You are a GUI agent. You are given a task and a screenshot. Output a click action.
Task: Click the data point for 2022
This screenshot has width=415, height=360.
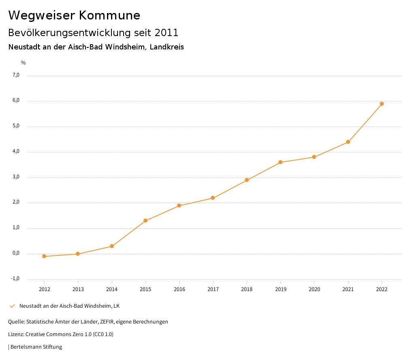tap(382, 104)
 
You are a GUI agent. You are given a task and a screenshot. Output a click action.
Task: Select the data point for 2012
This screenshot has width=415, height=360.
tap(44, 256)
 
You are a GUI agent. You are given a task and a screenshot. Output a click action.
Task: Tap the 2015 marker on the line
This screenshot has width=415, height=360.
tap(145, 221)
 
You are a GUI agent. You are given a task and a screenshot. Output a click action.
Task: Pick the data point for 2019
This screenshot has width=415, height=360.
tap(280, 162)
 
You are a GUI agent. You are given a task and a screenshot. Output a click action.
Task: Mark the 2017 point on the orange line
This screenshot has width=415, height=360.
tap(213, 198)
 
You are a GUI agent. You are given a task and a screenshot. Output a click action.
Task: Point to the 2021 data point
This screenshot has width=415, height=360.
tap(348, 142)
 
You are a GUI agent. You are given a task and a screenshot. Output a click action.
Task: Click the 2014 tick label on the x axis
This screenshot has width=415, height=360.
tap(112, 289)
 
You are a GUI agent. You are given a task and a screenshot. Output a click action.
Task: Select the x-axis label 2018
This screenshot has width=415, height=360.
tap(247, 289)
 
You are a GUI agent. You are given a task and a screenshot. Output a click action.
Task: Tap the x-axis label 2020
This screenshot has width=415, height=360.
tap(314, 289)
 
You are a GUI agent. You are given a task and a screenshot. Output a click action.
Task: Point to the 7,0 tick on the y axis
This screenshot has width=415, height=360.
tap(16, 75)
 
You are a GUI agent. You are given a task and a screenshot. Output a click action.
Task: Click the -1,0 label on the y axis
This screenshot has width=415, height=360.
tap(15, 279)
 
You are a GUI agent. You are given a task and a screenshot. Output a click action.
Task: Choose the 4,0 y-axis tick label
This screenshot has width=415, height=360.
tap(16, 152)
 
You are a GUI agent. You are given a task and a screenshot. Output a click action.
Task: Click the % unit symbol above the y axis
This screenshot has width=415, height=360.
tap(24, 63)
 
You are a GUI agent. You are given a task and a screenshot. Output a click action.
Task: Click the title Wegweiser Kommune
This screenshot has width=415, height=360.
tap(74, 15)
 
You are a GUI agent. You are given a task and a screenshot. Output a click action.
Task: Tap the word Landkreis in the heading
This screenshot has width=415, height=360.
tap(167, 47)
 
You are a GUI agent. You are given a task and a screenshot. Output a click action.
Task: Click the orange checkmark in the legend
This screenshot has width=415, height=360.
tap(12, 306)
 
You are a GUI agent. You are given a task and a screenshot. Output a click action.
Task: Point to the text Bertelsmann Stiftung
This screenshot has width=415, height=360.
tap(36, 347)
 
